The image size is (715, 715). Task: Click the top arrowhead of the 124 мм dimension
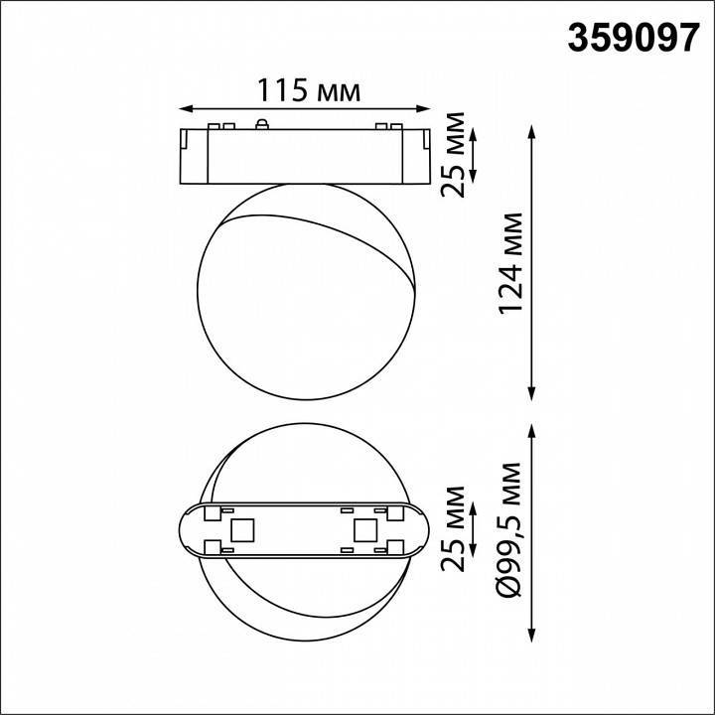tap(537, 130)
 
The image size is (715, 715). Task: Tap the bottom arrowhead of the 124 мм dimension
tap(537, 394)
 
